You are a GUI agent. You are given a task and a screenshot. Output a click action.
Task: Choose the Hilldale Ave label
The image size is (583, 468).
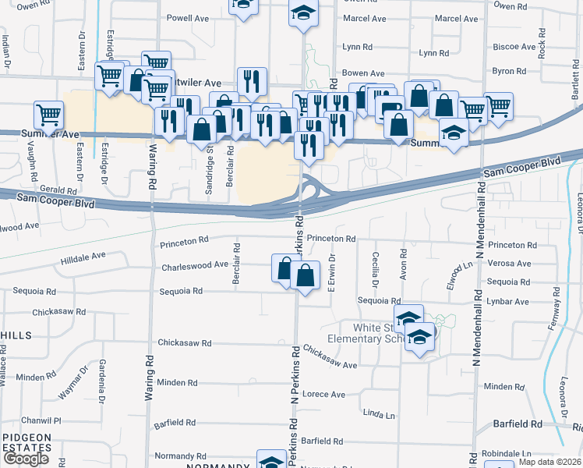(x=83, y=255)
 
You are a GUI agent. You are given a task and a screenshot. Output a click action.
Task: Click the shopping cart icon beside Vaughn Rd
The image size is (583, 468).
(x=48, y=115)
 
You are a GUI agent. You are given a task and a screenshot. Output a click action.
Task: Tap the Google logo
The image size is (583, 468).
(x=26, y=459)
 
